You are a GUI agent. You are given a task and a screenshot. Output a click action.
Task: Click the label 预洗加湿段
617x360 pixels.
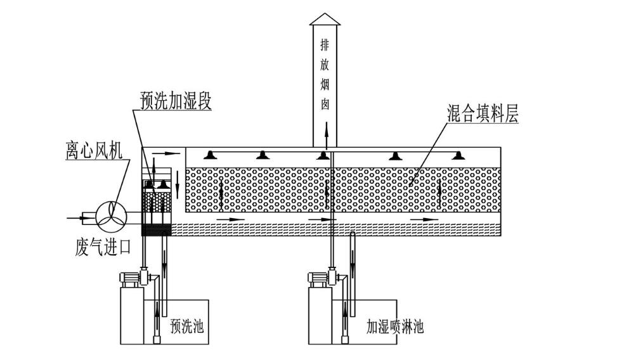point(176,101)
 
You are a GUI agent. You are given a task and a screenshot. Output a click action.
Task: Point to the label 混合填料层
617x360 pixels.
point(482,114)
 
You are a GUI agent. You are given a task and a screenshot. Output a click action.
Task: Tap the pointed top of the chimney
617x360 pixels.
point(325,18)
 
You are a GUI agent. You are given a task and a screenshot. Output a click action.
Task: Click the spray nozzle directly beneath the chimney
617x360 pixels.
point(324,155)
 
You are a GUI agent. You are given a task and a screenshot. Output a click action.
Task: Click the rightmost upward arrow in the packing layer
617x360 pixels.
point(438,190)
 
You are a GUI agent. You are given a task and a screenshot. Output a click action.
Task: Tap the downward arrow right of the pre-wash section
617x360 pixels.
point(178,180)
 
